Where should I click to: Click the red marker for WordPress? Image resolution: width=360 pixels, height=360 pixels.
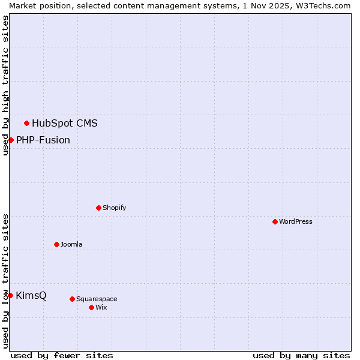(x=275, y=221)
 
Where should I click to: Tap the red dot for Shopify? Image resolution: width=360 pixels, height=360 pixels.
(x=98, y=208)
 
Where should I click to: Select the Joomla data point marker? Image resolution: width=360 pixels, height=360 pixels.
(x=56, y=244)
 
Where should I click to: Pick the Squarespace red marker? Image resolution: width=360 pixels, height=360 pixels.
(x=72, y=299)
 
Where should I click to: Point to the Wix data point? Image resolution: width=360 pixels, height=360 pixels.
(x=91, y=307)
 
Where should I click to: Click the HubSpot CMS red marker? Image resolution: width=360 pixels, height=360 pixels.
(x=26, y=123)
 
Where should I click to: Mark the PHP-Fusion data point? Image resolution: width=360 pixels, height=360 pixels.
(x=11, y=140)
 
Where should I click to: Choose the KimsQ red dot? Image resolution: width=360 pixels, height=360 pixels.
(x=10, y=295)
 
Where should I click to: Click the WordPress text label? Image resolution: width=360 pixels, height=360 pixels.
(x=296, y=221)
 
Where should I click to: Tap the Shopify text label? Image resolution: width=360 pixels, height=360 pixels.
(x=114, y=208)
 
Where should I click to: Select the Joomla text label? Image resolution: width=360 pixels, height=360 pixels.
(x=71, y=244)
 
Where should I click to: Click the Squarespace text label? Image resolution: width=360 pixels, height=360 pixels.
(x=97, y=299)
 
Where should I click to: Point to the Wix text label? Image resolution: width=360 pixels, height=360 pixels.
(x=101, y=307)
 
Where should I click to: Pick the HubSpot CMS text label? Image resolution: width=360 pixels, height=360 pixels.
(x=65, y=124)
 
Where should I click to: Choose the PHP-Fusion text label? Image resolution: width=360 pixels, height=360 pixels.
(x=43, y=140)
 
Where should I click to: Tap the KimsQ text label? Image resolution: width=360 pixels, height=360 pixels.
(x=31, y=296)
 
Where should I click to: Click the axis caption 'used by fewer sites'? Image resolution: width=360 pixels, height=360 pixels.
(x=62, y=355)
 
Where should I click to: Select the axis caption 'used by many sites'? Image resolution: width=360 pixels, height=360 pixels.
(x=301, y=355)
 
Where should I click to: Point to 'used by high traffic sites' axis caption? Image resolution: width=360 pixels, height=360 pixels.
(x=5, y=85)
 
